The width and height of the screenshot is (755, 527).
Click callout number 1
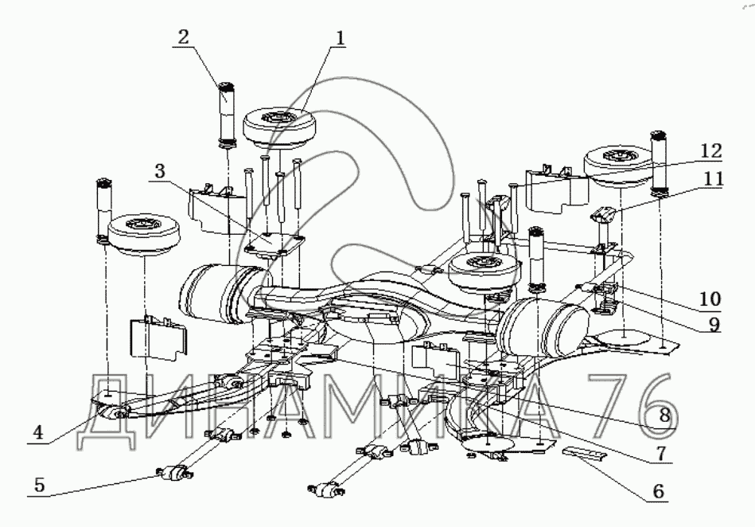coord(341,38)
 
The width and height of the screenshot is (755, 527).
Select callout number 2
coord(184,37)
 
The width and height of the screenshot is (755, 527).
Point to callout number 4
coord(38,432)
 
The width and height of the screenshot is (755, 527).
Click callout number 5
coord(40,485)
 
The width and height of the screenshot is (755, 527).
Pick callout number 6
coord(658,491)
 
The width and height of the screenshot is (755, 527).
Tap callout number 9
coord(714,324)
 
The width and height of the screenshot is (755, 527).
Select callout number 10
coord(710,299)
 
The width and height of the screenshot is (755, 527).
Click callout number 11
coord(713,179)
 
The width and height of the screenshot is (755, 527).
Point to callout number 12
coord(712,150)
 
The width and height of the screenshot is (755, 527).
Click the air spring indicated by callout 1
coord(278,129)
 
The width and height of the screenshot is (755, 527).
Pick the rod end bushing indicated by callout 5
coord(174,473)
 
